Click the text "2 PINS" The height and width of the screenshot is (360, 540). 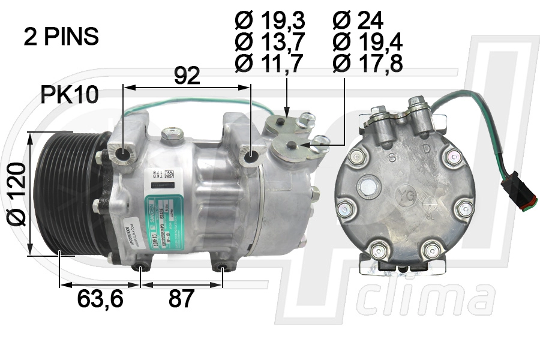(61, 37)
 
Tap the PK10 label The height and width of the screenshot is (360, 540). (70, 95)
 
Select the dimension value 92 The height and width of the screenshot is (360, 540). (187, 76)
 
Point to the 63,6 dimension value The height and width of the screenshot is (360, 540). (100, 298)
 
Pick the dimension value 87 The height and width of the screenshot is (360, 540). (181, 298)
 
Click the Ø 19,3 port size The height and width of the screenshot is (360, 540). (270, 21)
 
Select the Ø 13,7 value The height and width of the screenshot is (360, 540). (270, 41)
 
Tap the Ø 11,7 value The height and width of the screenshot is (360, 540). (270, 62)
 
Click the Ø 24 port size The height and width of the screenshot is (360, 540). (358, 21)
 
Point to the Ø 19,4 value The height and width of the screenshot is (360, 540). (367, 41)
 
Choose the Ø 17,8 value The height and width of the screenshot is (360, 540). (367, 62)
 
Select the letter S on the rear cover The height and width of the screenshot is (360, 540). (391, 159)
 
